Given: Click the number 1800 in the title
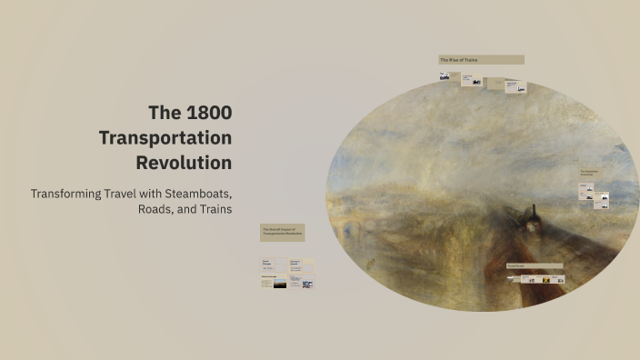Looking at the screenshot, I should coord(209,113).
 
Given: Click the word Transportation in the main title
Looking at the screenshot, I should coord(165,138).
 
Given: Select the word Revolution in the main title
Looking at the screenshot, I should coord(184,164).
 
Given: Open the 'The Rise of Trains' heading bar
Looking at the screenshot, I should coord(481,60).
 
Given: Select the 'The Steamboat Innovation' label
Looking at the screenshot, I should coord(588,172).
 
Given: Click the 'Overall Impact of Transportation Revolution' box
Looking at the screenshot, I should coord(282,233).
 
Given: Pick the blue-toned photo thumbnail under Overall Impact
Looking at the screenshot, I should coord(307,285).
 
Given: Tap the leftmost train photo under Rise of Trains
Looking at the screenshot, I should coord(445,77).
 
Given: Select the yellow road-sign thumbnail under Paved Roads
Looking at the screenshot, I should coord(545,279).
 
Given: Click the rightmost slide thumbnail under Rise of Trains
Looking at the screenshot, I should coord(514,88).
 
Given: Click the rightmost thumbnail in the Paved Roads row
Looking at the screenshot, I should coord(560,279).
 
